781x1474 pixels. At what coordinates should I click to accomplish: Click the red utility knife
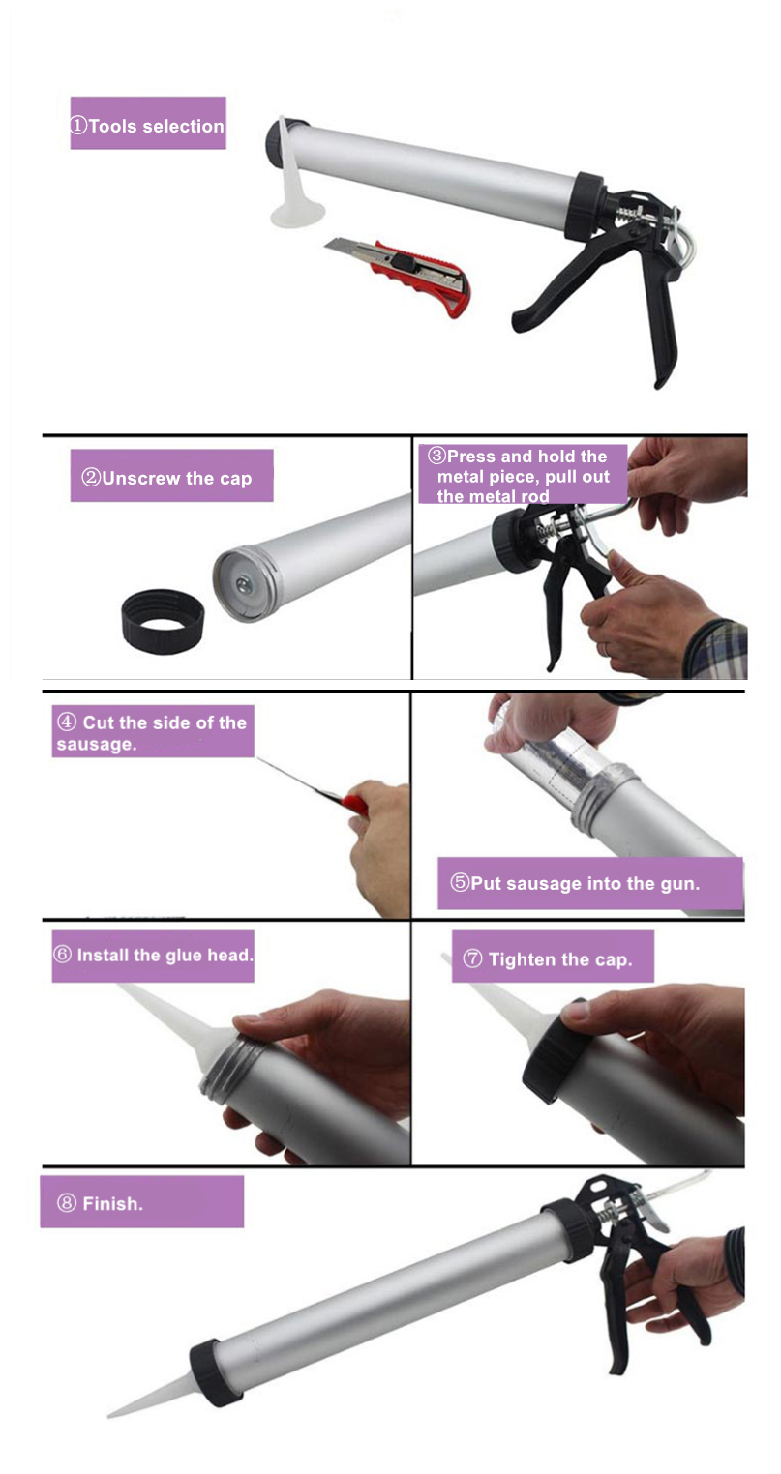pos(402,273)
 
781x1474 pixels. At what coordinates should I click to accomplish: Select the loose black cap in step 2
pos(163,620)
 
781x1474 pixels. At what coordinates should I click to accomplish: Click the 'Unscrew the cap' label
pos(171,477)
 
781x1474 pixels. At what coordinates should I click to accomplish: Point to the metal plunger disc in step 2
pos(245,582)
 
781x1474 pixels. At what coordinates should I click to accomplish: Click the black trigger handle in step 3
pos(568,592)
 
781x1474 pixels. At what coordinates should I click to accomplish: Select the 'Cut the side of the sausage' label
pos(153,732)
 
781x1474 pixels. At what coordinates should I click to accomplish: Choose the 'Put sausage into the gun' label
pos(590,883)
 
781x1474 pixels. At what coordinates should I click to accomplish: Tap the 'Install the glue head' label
pos(153,956)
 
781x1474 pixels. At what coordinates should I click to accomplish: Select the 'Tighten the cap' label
pos(553,958)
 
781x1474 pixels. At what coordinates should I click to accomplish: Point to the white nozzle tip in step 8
pos(108,1413)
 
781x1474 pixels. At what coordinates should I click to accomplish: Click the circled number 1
pos(78,125)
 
